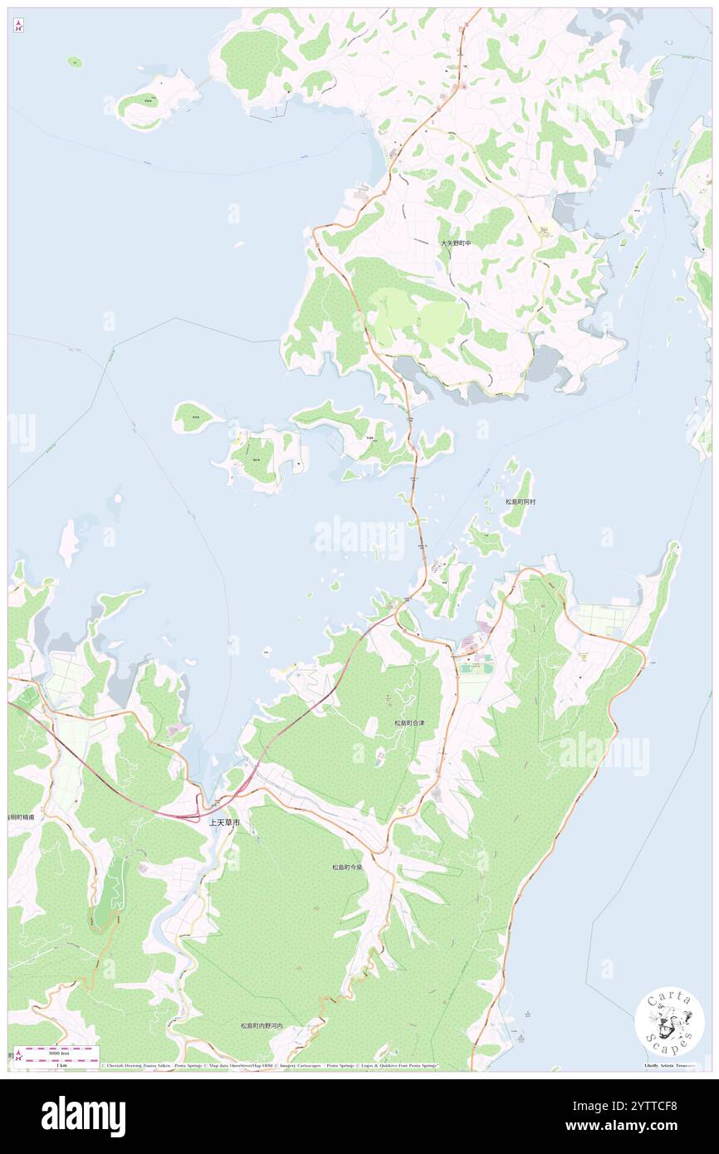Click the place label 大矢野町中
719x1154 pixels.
click(x=455, y=243)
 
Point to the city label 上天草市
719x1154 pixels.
click(x=223, y=822)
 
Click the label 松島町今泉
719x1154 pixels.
click(x=348, y=866)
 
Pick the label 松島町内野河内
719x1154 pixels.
click(x=262, y=1026)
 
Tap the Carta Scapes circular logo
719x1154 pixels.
click(x=669, y=1022)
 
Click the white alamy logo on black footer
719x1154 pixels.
click(x=83, y=1116)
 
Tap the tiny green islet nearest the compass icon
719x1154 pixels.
click(x=75, y=61)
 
